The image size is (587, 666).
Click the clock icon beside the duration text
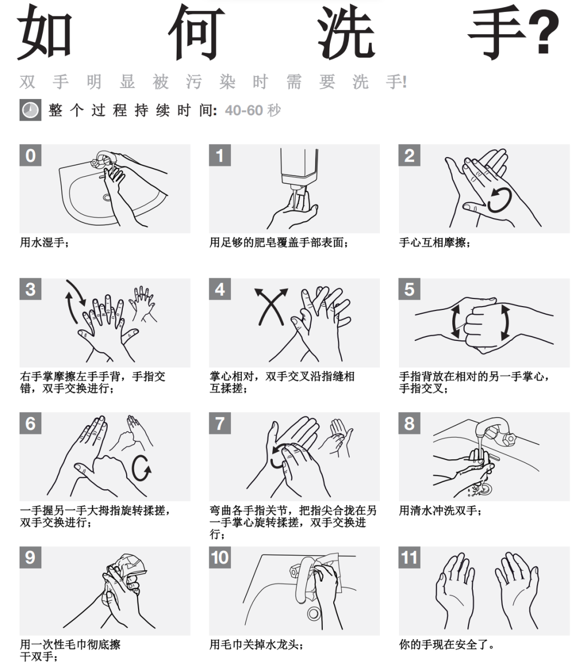pyautogui.click(x=30, y=110)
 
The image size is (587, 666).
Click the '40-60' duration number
pyautogui.click(x=244, y=110)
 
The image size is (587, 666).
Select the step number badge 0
pyautogui.click(x=30, y=155)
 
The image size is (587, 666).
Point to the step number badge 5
pyautogui.click(x=409, y=289)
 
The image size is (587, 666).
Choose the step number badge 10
pyautogui.click(x=220, y=557)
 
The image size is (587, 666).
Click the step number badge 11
pyautogui.click(x=409, y=557)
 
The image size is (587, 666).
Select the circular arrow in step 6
pyautogui.click(x=142, y=468)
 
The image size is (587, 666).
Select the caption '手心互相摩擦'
pyautogui.click(x=435, y=242)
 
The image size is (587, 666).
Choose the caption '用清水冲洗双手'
pyautogui.click(x=440, y=511)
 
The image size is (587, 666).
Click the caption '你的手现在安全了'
pyautogui.click(x=447, y=645)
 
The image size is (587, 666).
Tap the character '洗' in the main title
pyautogui.click(x=346, y=33)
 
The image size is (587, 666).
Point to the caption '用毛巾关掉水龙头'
pyautogui.click(x=256, y=645)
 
